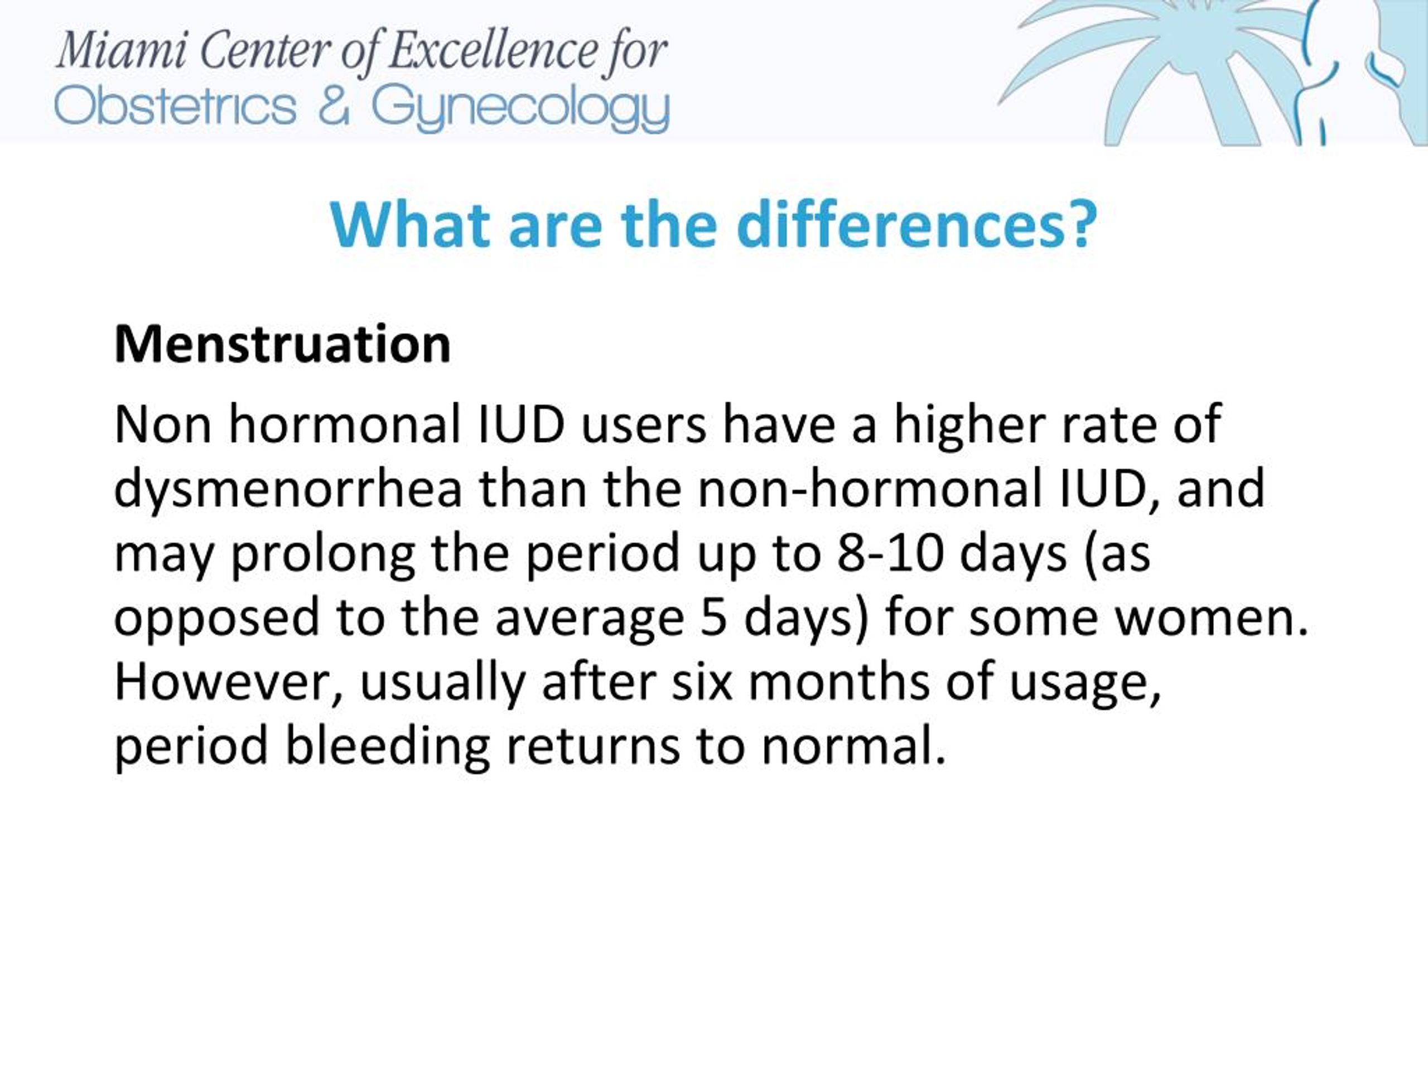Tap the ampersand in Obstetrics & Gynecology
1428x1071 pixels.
334,107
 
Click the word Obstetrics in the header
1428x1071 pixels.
176,106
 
